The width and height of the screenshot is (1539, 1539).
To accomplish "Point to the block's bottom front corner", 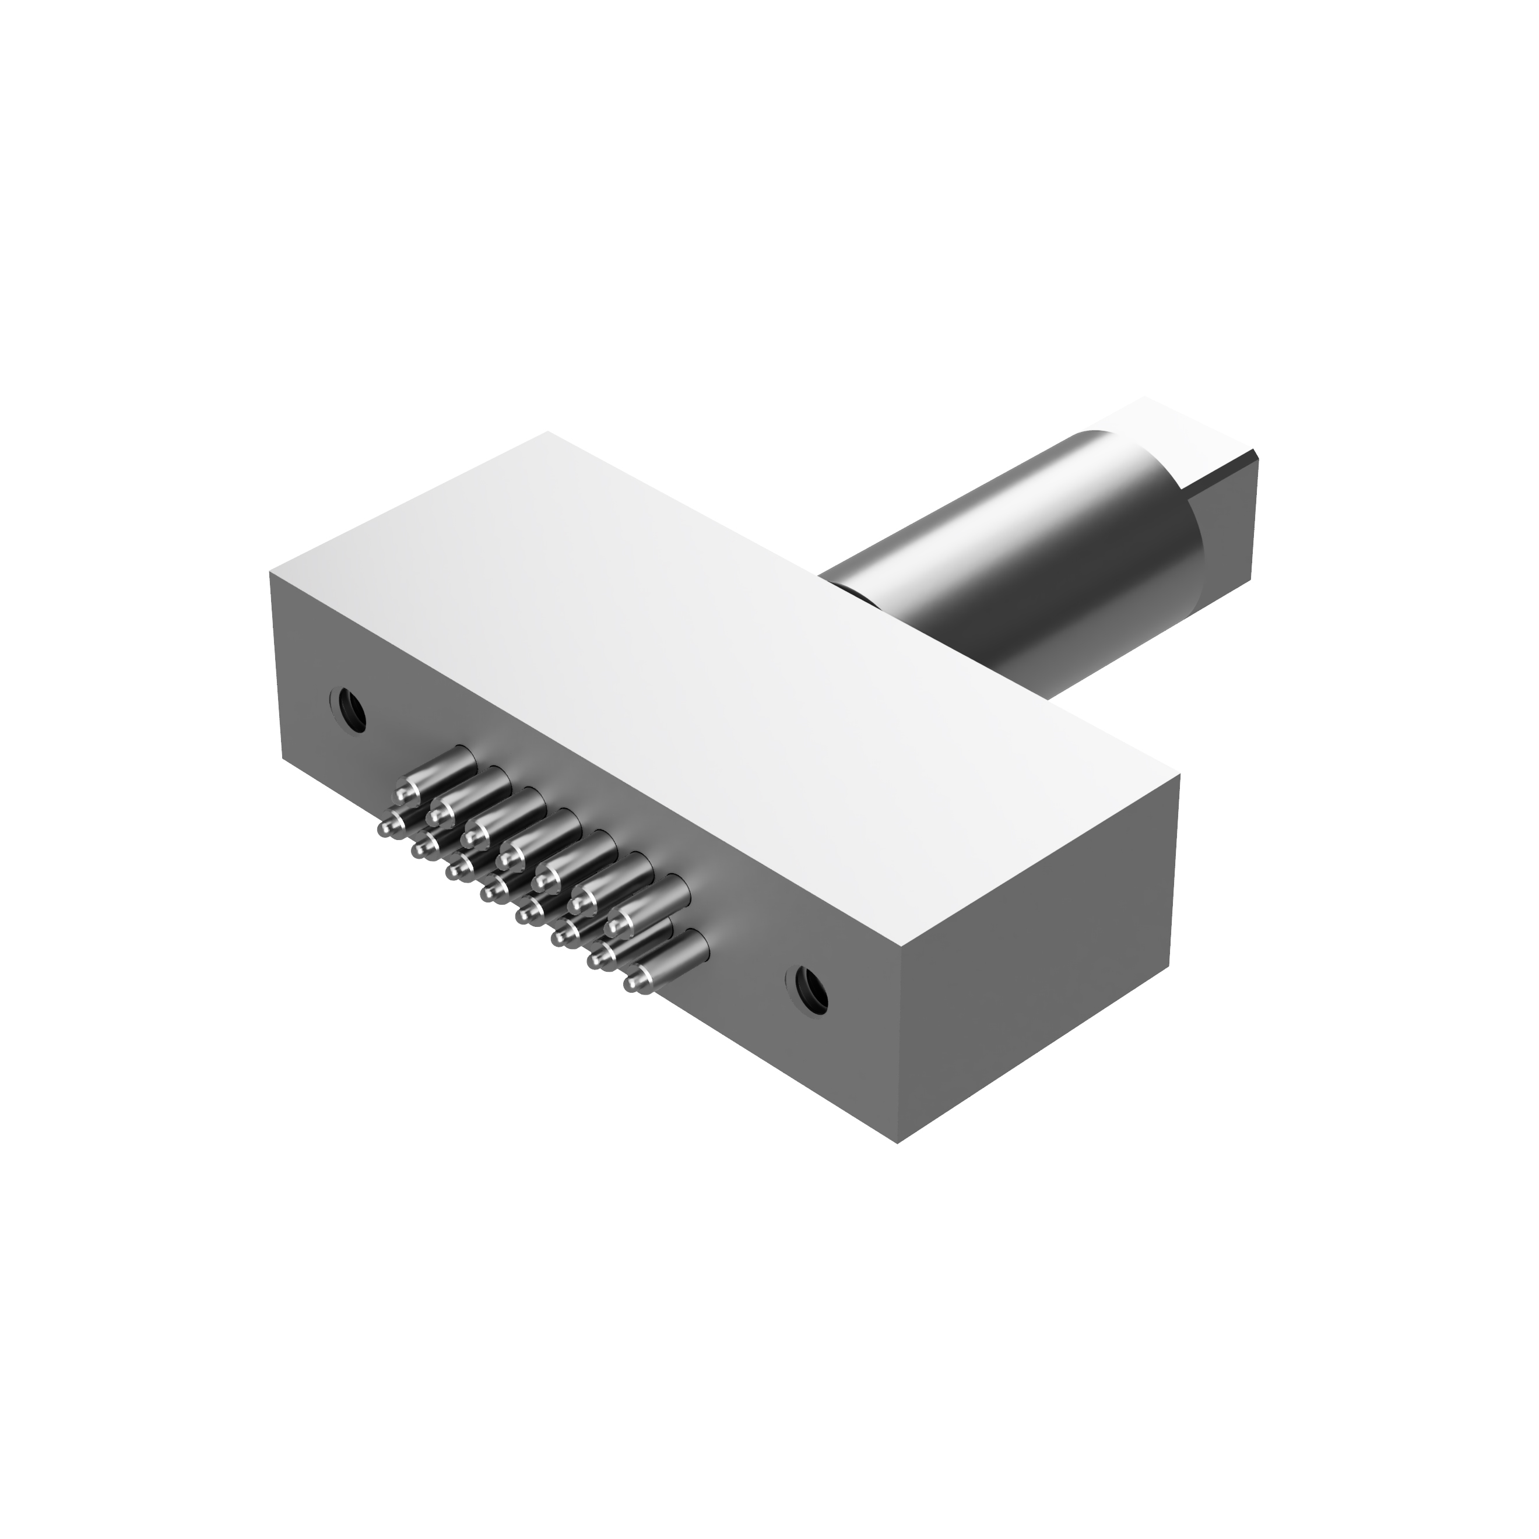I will [898, 1143].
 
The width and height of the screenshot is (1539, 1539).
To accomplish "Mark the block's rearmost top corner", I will [548, 432].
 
